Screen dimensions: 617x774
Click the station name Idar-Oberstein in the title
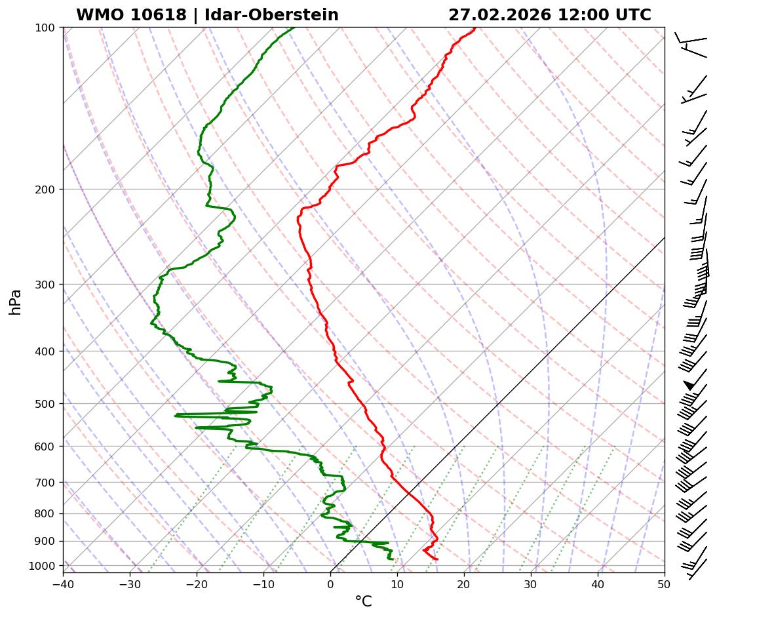271,15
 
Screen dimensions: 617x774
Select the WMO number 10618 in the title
159,15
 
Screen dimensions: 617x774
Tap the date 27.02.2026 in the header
499,15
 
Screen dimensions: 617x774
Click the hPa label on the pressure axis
15,302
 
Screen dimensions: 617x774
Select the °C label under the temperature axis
363,602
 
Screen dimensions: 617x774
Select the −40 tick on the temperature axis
63,584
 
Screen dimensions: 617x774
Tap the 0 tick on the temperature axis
330,584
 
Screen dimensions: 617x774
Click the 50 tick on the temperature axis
665,584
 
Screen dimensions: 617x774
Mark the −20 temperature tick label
197,584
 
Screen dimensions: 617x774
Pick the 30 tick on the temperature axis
531,584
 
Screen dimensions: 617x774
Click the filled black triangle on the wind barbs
689,385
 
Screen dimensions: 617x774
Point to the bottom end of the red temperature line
437,559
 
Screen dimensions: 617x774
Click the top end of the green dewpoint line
293,28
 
